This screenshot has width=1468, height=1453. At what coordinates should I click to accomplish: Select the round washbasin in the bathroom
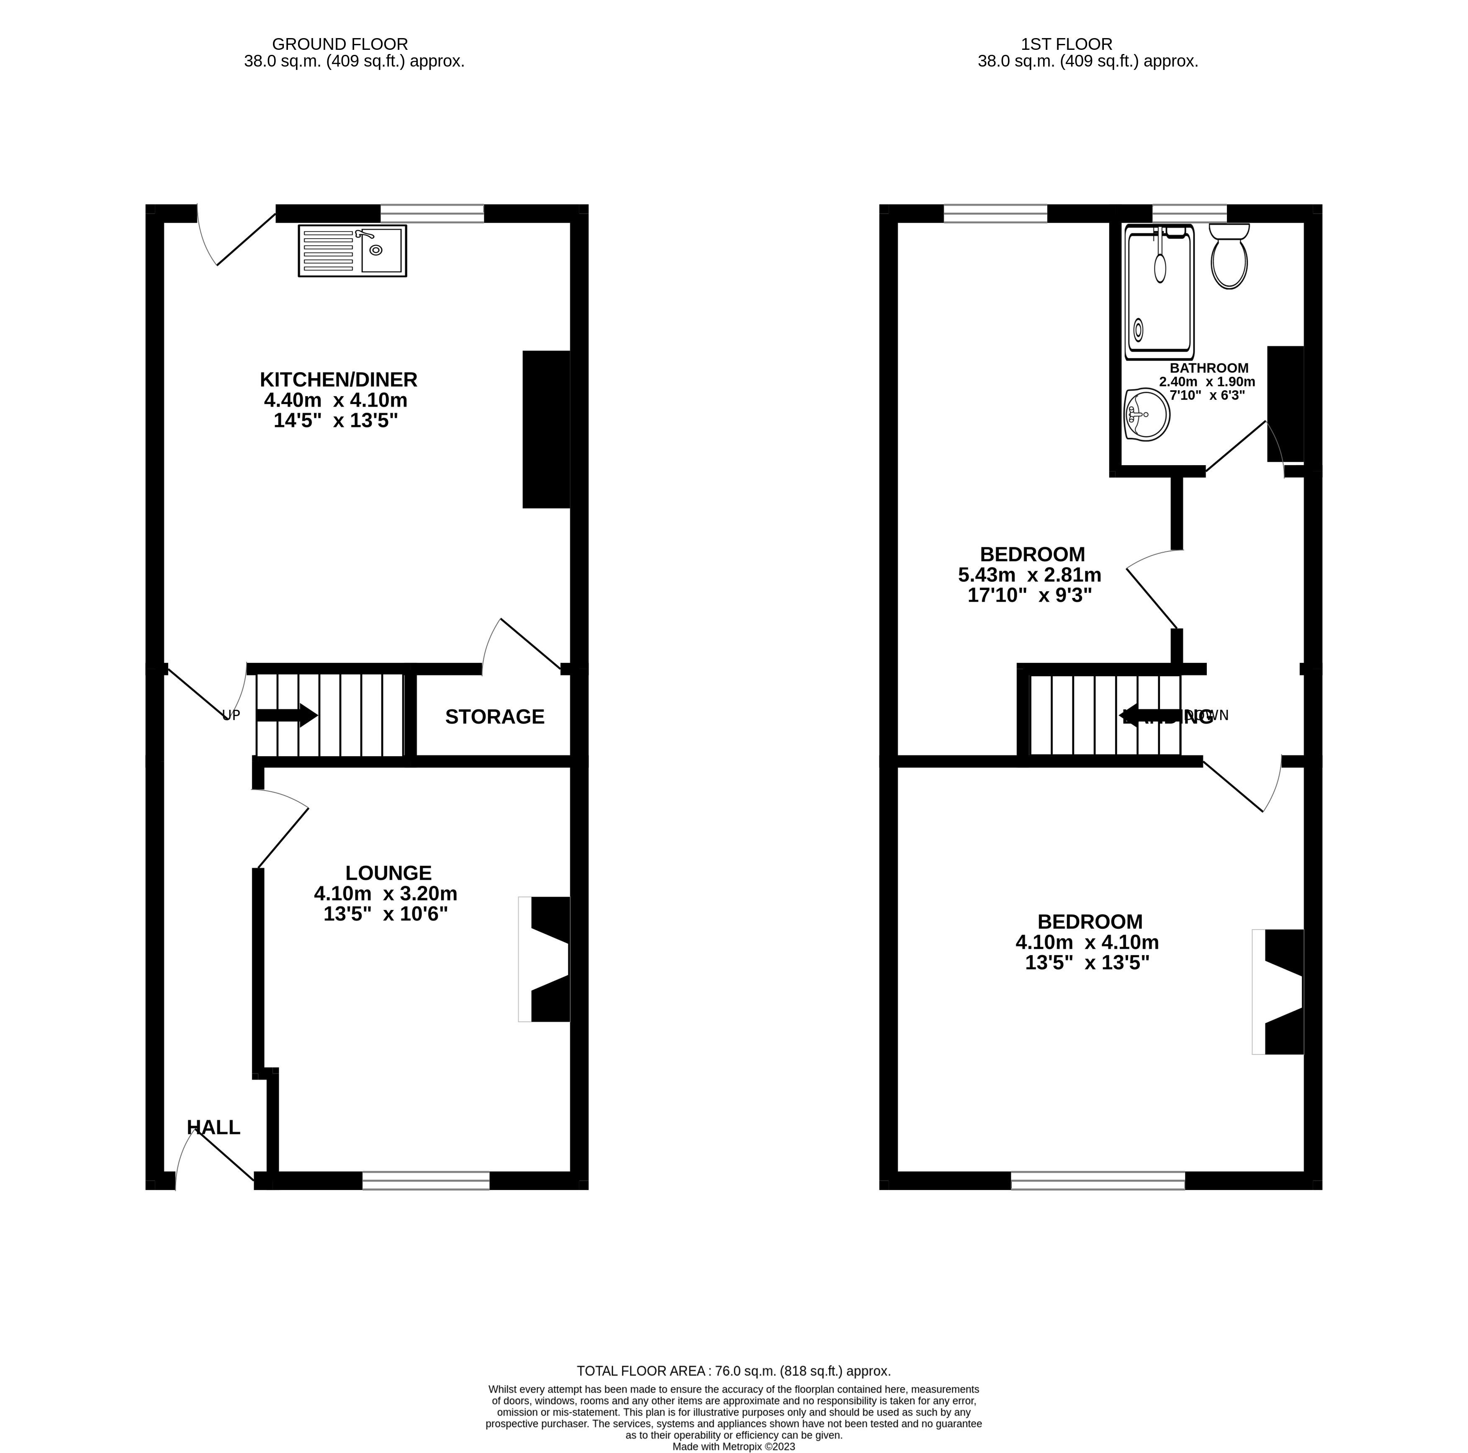1147,415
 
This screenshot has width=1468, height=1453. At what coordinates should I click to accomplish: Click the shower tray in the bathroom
1159,293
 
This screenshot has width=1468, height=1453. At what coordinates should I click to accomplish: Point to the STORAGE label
495,716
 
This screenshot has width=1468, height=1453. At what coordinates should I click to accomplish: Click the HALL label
213,1127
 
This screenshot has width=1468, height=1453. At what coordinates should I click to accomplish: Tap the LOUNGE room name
388,873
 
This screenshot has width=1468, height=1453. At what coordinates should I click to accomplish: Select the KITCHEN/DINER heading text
339,379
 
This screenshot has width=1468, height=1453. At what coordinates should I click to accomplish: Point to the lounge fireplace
545,959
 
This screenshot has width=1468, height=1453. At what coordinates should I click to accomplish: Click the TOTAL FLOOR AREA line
733,1371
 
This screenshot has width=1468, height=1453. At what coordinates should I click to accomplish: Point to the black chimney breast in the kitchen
546,429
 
